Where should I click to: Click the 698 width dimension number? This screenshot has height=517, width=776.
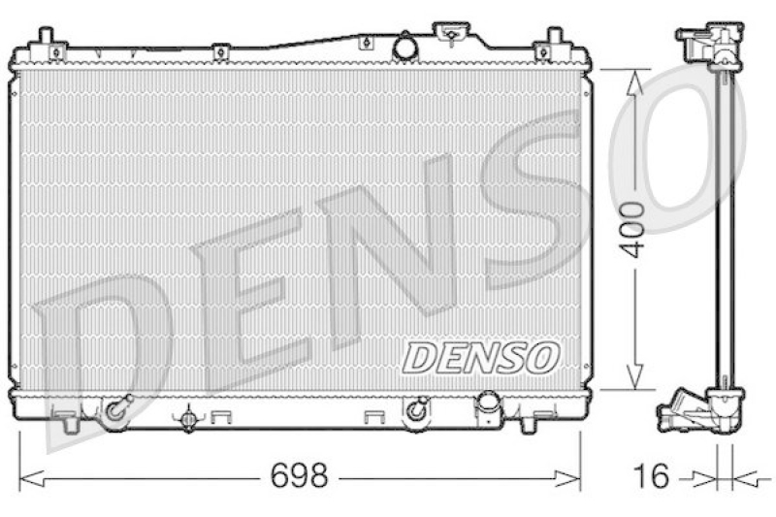299,476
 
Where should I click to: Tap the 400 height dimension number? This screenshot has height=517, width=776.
633,229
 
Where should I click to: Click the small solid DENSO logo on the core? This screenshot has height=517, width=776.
481,357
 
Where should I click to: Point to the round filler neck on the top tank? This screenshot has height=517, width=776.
405,46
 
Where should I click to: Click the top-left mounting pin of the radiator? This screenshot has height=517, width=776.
46,41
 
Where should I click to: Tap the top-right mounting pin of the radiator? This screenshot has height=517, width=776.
555,41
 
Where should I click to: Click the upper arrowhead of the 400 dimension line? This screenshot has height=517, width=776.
633,80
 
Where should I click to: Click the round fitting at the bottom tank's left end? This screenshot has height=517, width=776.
117,409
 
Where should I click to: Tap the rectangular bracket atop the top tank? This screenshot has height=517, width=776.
451,34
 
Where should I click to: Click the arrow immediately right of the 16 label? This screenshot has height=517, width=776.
703,476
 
